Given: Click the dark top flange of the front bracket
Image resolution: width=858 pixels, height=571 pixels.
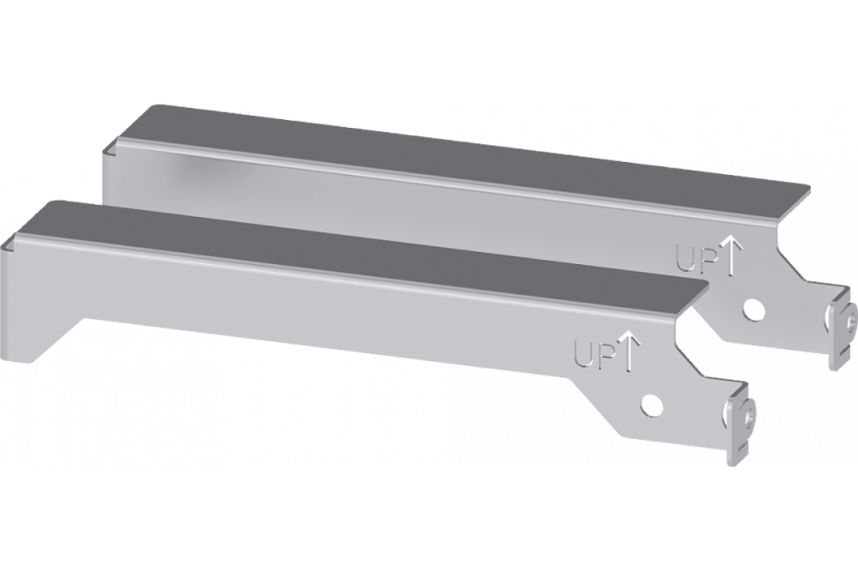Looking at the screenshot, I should pyautogui.click(x=343, y=249).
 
